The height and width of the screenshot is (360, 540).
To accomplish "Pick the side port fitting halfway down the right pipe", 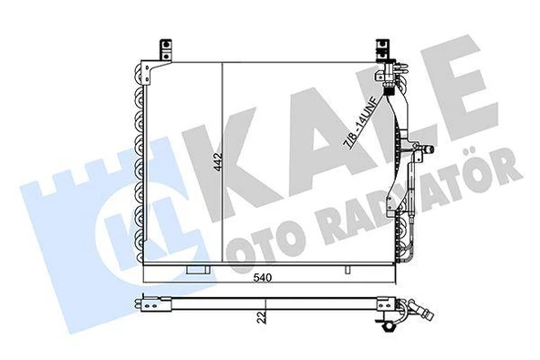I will (420, 147).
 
